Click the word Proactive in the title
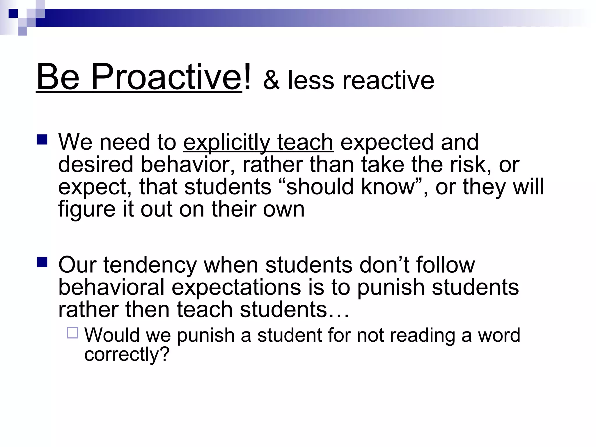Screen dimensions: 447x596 coord(166,77)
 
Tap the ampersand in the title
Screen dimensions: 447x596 coord(271,81)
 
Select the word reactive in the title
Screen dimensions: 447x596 coord(388,81)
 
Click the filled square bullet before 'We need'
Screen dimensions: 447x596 coord(42,140)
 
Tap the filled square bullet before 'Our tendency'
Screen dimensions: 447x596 coord(42,262)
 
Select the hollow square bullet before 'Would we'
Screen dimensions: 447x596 coord(72,333)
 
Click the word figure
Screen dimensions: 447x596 coord(87,210)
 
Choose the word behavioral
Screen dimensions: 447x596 coord(111,288)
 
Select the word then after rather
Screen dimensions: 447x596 coord(147,310)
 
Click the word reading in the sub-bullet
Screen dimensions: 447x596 coord(422,336)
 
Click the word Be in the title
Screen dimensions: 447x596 coord(58,77)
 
